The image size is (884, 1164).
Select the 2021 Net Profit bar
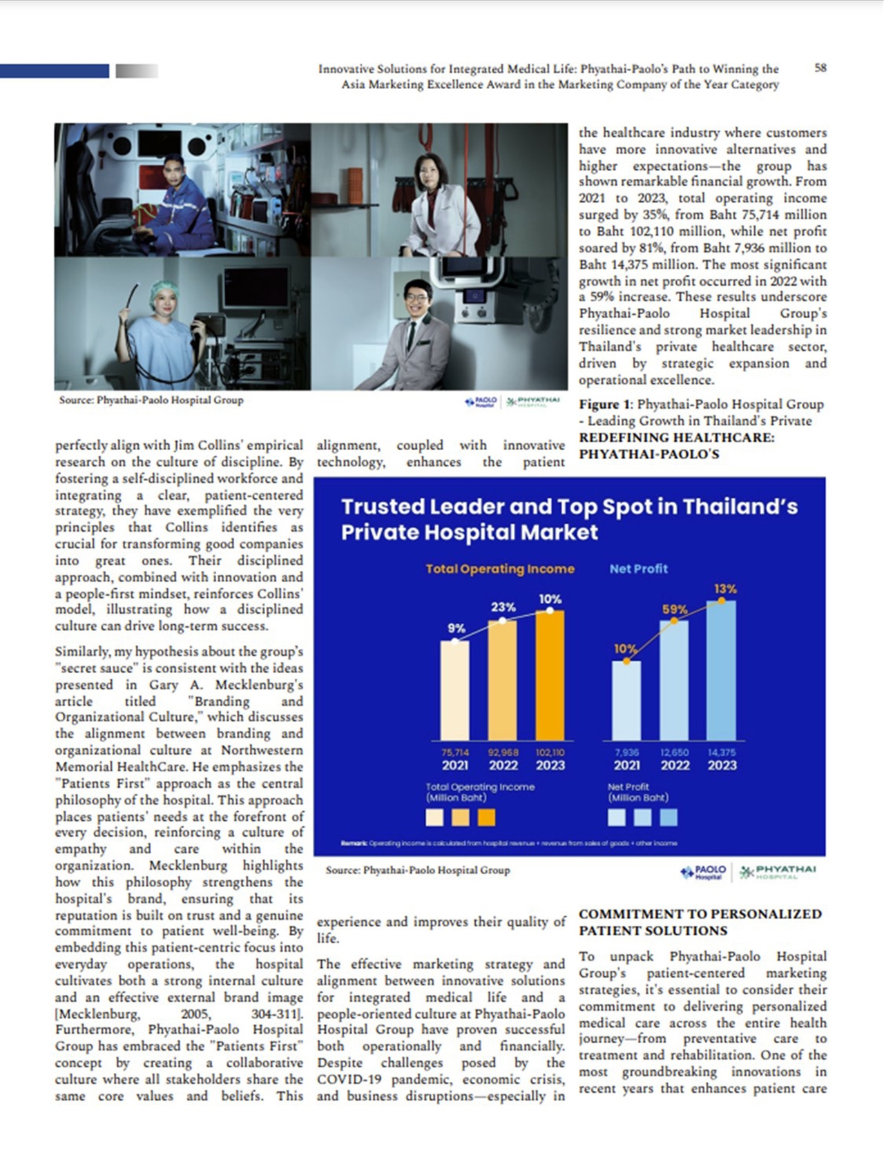point(626,700)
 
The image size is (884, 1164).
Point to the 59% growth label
point(675,610)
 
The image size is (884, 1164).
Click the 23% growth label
point(503,607)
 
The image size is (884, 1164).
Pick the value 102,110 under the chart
point(550,753)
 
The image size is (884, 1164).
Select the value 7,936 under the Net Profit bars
point(626,753)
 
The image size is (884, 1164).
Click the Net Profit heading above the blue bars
point(638,569)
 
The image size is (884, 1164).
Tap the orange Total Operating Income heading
point(499,569)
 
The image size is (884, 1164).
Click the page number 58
point(820,68)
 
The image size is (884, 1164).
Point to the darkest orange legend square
point(486,817)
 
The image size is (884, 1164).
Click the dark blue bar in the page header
point(55,70)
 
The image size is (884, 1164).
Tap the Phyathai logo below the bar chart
point(778,872)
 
